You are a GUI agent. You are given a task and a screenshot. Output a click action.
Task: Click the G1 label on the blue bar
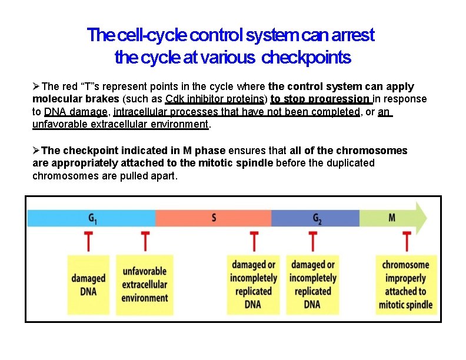93,218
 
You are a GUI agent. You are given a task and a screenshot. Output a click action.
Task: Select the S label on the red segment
214,218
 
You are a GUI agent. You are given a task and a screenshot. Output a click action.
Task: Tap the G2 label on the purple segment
317,218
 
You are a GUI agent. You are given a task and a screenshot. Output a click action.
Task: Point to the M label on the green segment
392,218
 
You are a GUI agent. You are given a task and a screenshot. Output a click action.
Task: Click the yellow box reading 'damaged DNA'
89,284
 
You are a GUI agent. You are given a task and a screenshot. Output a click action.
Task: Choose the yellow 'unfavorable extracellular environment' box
145,284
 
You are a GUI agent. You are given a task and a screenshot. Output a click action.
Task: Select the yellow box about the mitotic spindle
407,284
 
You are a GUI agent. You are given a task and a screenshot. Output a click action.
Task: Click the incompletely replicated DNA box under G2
312,284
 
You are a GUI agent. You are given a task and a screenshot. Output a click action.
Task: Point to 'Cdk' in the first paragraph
175,99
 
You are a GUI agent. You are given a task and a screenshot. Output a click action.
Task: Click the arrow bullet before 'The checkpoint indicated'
36,151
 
